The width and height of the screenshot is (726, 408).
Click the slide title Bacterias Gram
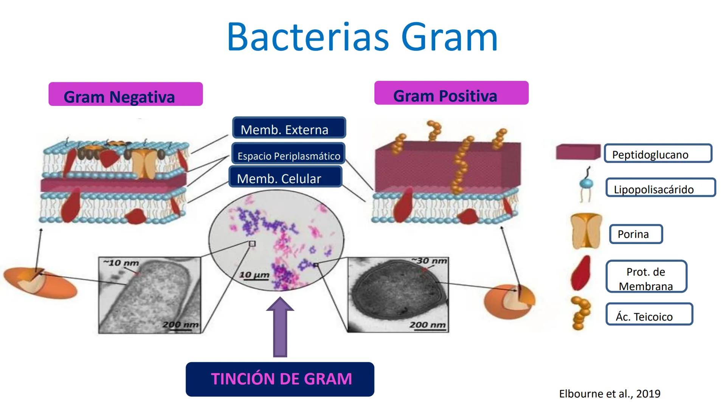362,37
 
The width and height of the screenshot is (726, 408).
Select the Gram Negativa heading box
126,94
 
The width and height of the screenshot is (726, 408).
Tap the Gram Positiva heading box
451,93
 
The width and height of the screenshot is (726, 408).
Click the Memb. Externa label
289,128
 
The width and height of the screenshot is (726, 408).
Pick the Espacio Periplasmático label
289,154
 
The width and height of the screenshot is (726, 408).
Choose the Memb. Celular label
285,177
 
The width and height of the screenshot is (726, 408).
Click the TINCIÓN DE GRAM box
280,379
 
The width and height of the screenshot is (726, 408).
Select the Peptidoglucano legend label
658,153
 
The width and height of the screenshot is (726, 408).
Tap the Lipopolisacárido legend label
660,188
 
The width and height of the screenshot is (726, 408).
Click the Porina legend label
636,234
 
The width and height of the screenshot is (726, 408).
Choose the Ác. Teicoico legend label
649,314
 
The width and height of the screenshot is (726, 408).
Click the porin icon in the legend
586,231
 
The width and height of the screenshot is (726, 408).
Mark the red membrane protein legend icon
581,273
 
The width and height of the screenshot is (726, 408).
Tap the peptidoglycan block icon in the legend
578,152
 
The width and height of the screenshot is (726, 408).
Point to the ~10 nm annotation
121,263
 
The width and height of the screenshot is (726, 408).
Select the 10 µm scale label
254,275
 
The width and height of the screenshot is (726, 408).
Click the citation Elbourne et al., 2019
610,394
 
